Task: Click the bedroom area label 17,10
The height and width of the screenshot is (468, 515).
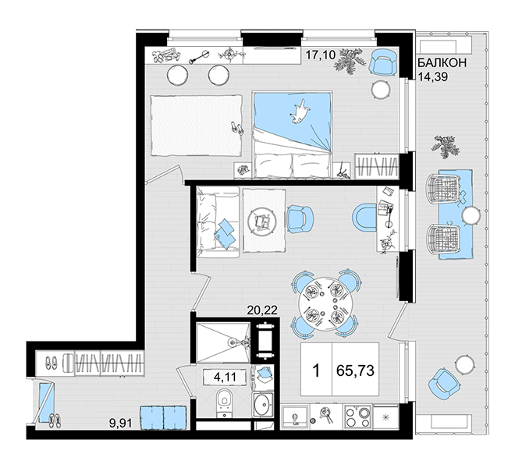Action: click(x=321, y=55)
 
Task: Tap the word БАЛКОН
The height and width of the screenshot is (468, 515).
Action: click(x=442, y=62)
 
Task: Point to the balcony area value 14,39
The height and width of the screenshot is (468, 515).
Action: click(x=433, y=76)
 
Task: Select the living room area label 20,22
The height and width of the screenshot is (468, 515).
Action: click(x=262, y=310)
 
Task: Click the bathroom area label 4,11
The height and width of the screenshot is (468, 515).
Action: click(x=225, y=377)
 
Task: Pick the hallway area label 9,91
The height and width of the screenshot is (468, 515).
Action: click(x=121, y=423)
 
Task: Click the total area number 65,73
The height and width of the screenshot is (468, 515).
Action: click(x=355, y=370)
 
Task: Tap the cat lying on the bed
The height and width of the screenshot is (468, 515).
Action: click(x=300, y=112)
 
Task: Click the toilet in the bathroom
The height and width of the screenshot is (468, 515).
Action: click(x=224, y=402)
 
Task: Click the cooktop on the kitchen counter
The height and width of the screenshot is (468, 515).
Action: click(x=357, y=417)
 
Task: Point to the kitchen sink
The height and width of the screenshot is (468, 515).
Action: click(x=295, y=417)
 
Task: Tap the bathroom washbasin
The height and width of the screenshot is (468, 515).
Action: click(x=262, y=405)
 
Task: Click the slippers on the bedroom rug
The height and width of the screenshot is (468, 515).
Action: click(x=236, y=128)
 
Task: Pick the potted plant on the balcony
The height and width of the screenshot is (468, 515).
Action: click(x=445, y=146)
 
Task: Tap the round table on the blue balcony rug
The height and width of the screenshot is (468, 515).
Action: click(x=471, y=216)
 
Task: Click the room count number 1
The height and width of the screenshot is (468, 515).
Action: click(x=316, y=371)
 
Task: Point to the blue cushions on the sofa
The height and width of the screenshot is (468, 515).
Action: click(x=225, y=233)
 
